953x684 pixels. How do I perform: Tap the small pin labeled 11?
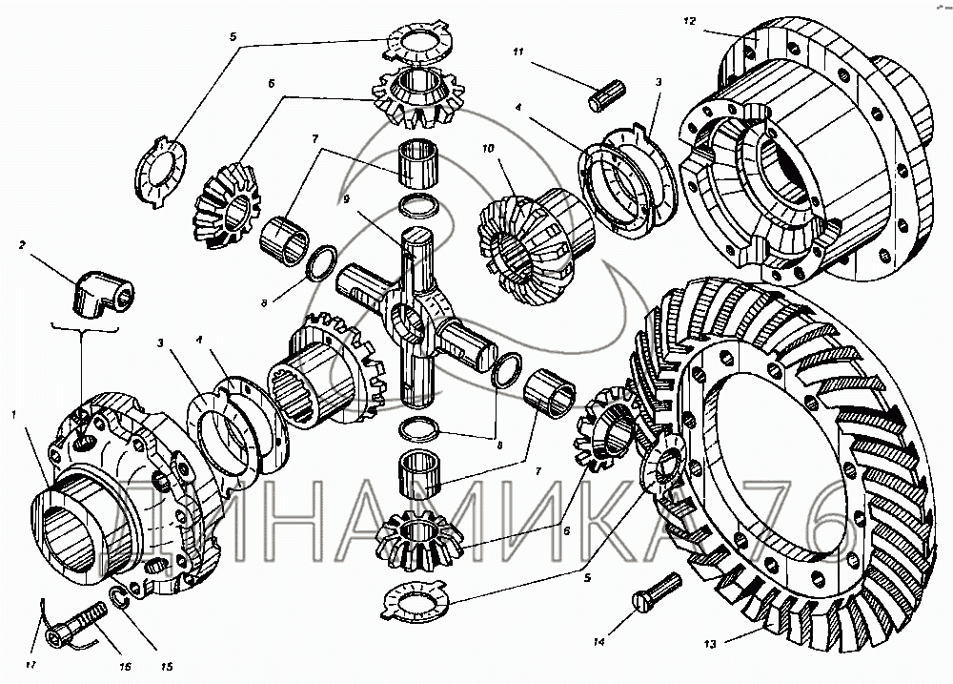(607, 95)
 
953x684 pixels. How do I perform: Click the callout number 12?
(689, 21)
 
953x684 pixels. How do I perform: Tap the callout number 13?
(710, 645)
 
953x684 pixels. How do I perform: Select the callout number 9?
(346, 199)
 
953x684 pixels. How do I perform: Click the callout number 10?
(488, 148)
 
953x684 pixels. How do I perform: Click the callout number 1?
(13, 414)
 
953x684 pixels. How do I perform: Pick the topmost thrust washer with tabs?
(418, 41)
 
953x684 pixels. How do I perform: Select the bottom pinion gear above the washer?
(419, 539)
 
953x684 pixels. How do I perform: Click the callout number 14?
(599, 641)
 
